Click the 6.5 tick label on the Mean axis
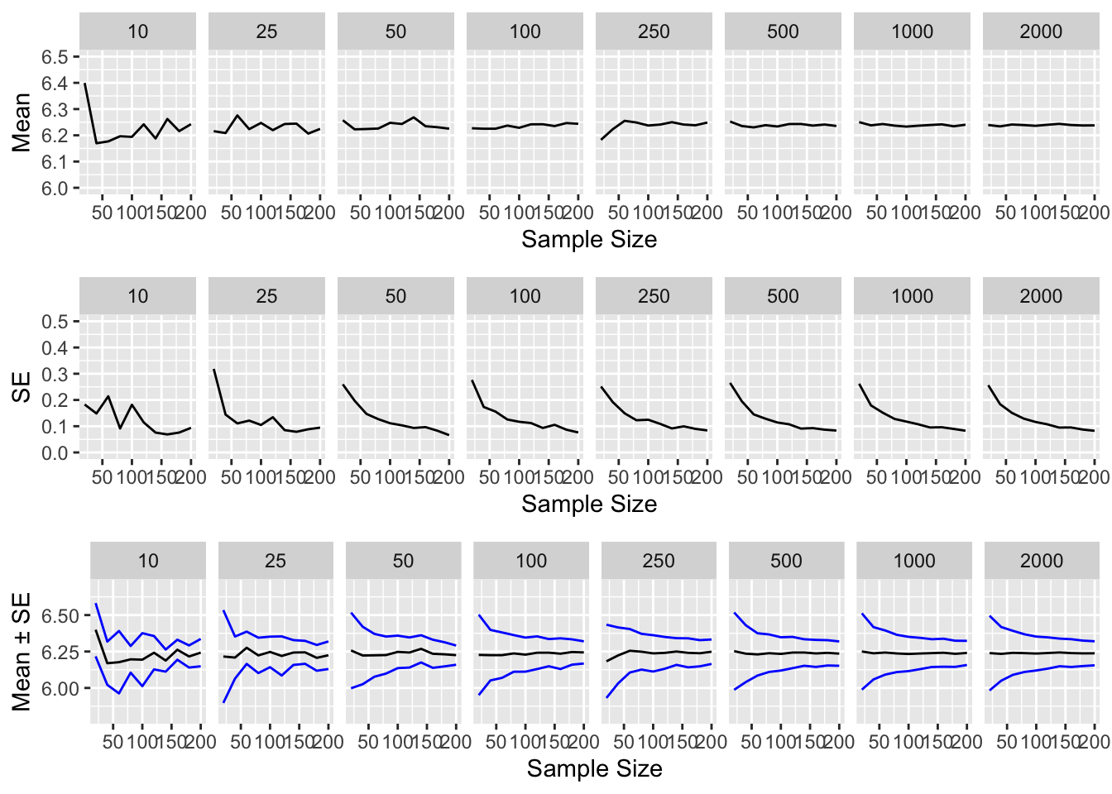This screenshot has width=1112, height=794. [x=55, y=57]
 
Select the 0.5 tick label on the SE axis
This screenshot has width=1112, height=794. [x=55, y=322]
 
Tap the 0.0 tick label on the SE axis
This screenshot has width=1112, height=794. [x=55, y=453]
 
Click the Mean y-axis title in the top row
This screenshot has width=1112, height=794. [x=22, y=122]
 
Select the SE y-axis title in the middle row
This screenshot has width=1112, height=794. [x=22, y=387]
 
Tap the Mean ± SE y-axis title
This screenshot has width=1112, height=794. [x=22, y=652]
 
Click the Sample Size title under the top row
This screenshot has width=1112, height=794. [x=589, y=240]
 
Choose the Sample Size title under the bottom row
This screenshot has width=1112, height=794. [x=594, y=769]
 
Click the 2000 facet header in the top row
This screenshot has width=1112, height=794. [x=1041, y=32]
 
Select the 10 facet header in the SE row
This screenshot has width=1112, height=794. [x=137, y=297]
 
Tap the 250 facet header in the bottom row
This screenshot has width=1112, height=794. [x=659, y=562]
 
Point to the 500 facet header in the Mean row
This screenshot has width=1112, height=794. [x=783, y=32]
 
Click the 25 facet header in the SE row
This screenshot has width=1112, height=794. [x=266, y=297]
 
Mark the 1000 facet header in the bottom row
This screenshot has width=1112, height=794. [x=913, y=562]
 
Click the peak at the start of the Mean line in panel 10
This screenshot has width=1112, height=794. [x=85, y=84]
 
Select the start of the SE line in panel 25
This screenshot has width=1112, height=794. [x=214, y=370]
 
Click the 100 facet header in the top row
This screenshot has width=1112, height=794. [x=525, y=32]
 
